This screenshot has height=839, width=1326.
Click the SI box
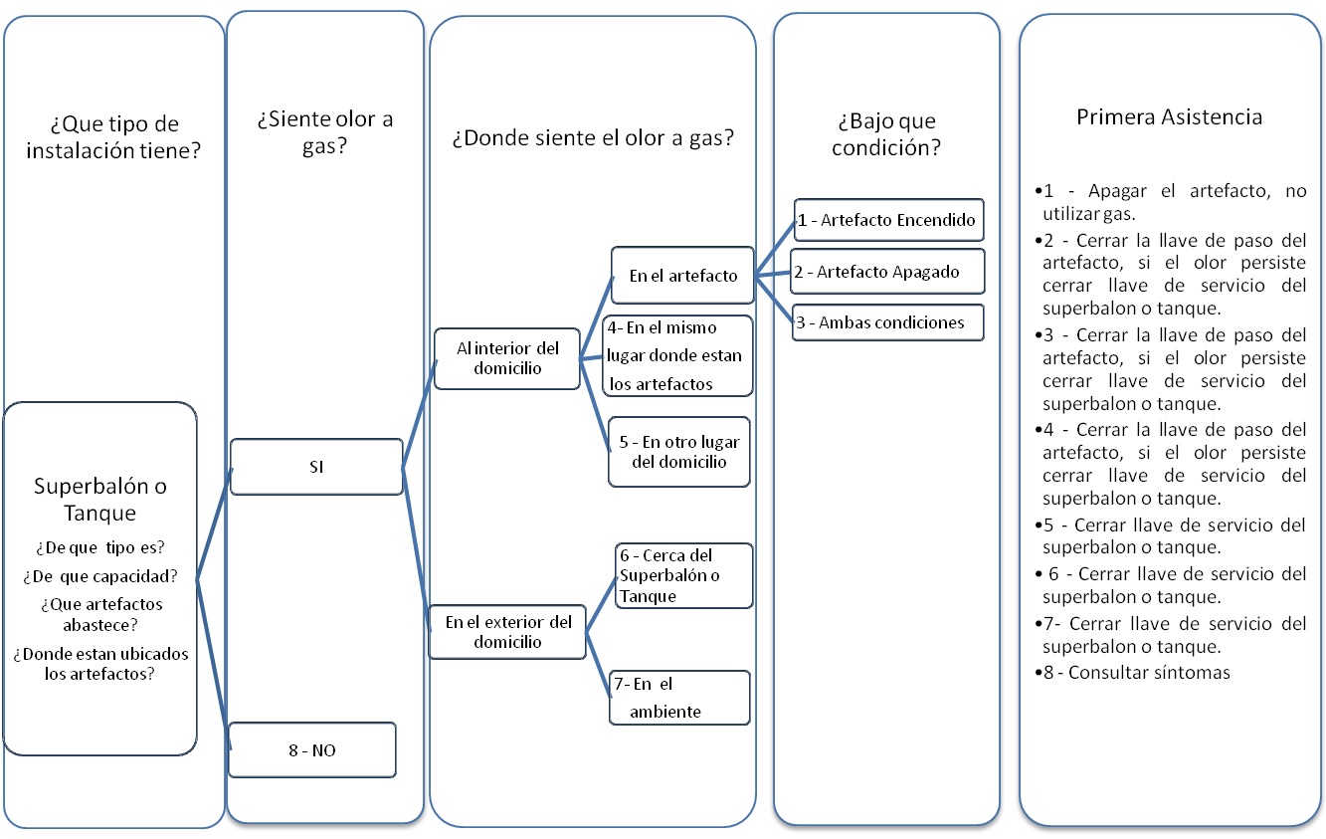pos(316,467)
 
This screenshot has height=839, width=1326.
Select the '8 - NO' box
pos(312,749)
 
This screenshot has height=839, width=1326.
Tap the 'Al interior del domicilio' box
pos(507,358)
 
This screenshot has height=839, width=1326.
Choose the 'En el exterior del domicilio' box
pos(507,632)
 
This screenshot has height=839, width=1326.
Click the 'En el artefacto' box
pos(682,276)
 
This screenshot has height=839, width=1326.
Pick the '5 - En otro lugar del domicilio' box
pos(679,452)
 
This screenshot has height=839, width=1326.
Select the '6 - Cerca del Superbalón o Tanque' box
pos(683,575)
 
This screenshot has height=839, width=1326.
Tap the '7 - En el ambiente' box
pos(679,698)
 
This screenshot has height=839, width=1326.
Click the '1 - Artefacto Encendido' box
pos(888,220)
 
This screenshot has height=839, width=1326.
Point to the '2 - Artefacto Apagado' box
pos(887,271)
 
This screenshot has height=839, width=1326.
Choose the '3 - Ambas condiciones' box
pos(888,322)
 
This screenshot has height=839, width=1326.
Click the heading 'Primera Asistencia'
pos(1169,116)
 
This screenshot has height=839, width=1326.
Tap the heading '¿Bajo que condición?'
pos(886,133)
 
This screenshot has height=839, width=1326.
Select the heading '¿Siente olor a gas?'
pos(324,132)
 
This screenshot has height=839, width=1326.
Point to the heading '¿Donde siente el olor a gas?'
pos(593,137)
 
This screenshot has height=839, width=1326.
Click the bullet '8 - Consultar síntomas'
pos(1132,673)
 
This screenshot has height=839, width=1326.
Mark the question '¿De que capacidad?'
pos(100,575)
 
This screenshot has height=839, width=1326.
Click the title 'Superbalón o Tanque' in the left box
pos(100,499)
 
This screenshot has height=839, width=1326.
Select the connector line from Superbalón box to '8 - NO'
pos(213,664)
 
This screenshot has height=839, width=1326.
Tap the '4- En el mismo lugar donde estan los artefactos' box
pos(677,355)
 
